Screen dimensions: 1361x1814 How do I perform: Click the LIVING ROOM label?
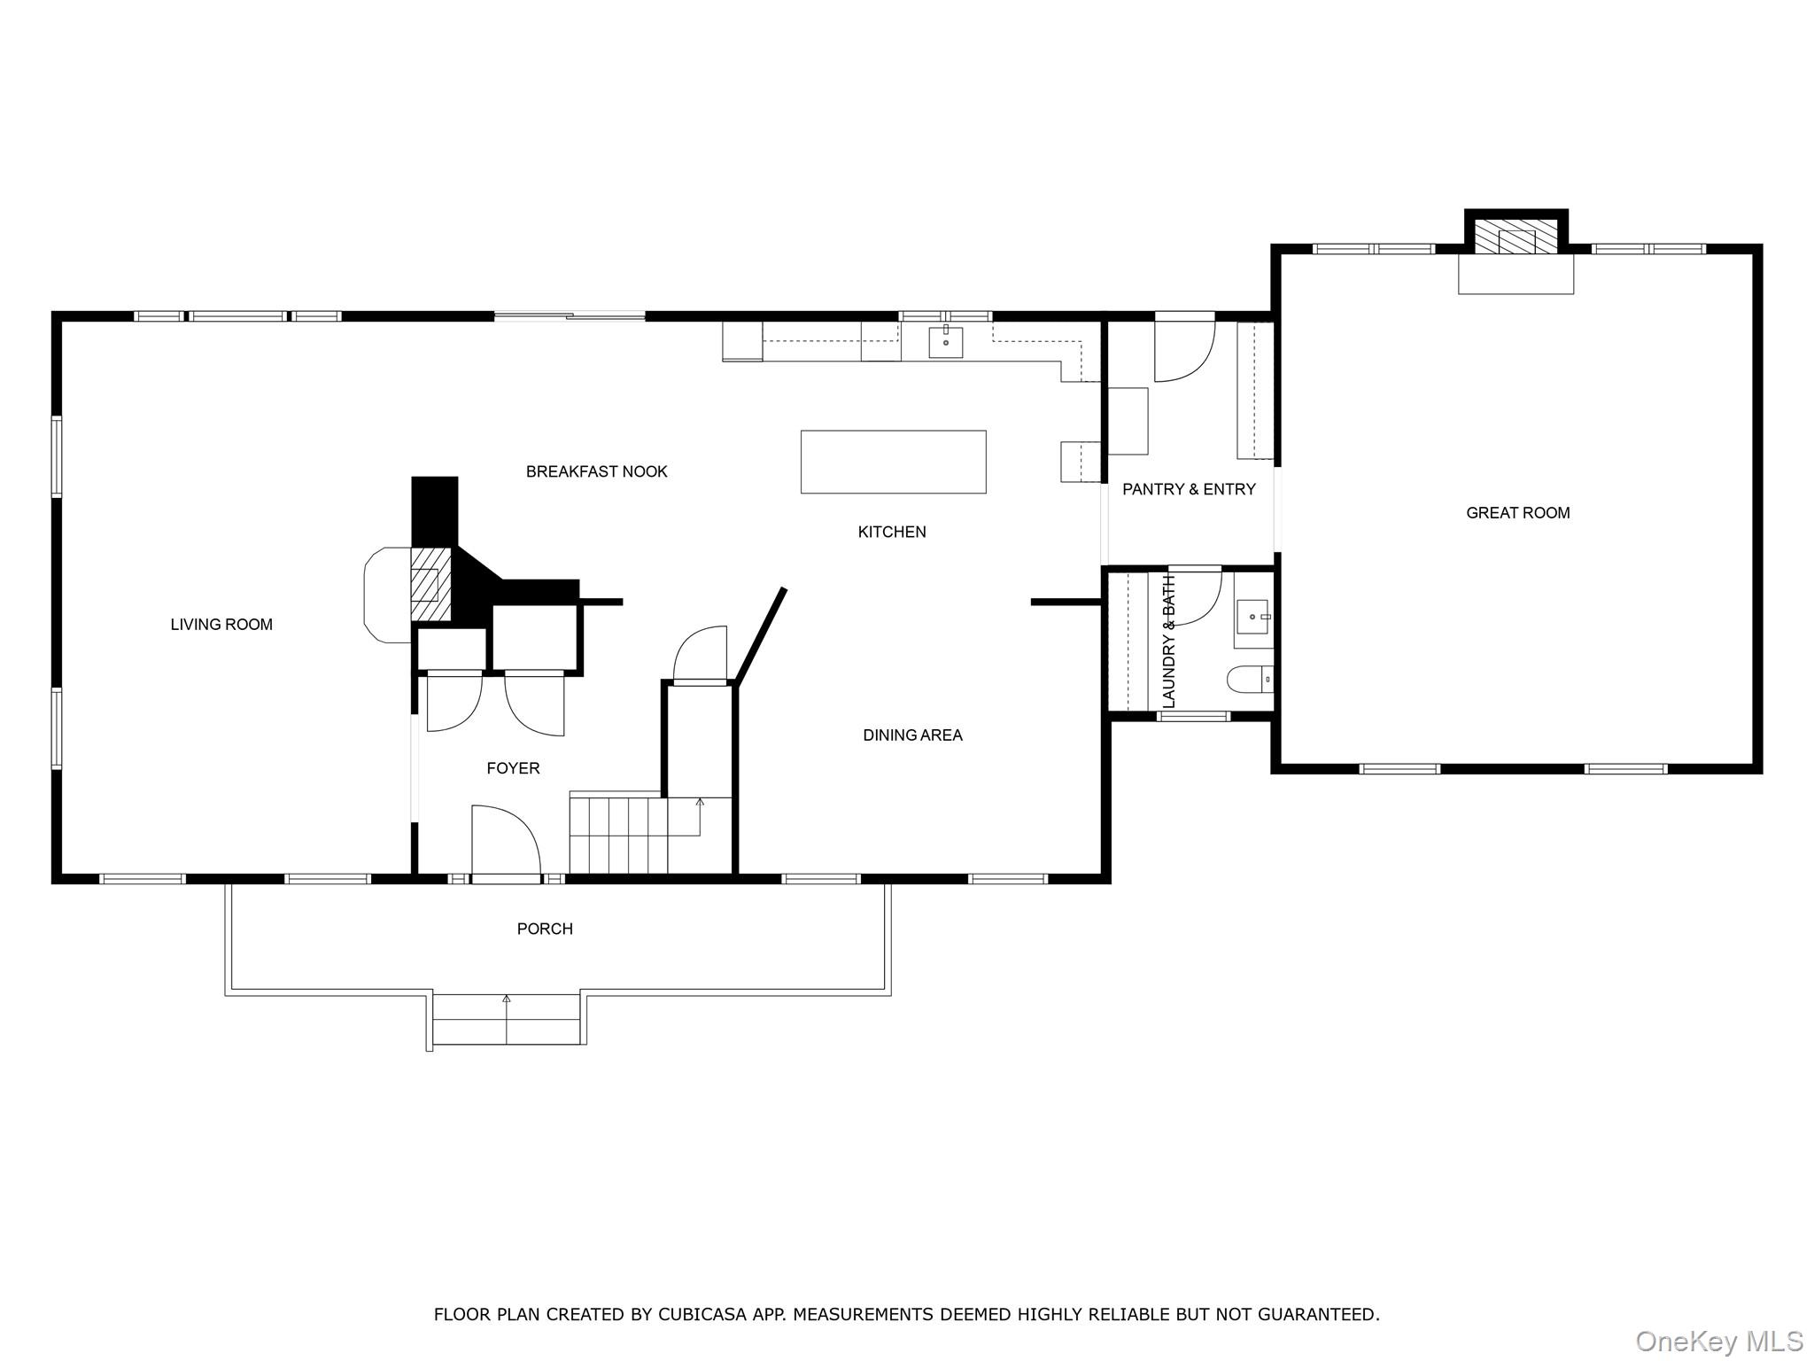(x=221, y=625)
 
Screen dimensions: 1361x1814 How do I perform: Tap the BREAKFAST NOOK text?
(x=596, y=471)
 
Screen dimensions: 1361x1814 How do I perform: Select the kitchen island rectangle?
(x=893, y=462)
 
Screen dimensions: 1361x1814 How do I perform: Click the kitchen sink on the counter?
(x=945, y=341)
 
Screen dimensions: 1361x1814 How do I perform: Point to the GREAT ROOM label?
(x=1517, y=513)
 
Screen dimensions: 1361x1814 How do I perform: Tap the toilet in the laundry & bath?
(x=1250, y=680)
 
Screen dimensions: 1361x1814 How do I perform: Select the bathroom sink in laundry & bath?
(x=1252, y=615)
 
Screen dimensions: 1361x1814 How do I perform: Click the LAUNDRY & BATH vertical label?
(x=1168, y=641)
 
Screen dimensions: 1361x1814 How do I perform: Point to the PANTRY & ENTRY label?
(x=1189, y=489)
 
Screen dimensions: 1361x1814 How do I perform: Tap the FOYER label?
(x=513, y=768)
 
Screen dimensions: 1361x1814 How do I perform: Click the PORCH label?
(x=545, y=929)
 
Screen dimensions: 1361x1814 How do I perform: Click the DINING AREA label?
(x=912, y=735)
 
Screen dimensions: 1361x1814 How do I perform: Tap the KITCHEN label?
(x=892, y=532)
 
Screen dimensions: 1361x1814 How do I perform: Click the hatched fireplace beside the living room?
(x=430, y=584)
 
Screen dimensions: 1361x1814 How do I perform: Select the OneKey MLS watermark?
(x=1718, y=1341)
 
